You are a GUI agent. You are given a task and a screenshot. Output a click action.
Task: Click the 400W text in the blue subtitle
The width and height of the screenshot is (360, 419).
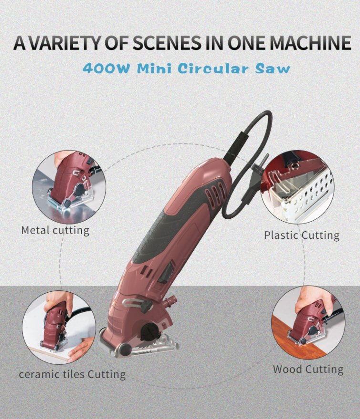click(106, 68)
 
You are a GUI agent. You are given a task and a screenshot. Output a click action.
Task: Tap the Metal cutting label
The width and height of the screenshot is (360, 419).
click(55, 230)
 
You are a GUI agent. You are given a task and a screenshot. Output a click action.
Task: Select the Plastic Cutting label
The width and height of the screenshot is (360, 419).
click(301, 235)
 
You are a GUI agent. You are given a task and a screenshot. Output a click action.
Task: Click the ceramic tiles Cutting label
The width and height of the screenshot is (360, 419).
click(72, 374)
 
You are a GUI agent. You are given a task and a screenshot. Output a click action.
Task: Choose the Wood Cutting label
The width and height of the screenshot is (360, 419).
click(308, 369)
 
